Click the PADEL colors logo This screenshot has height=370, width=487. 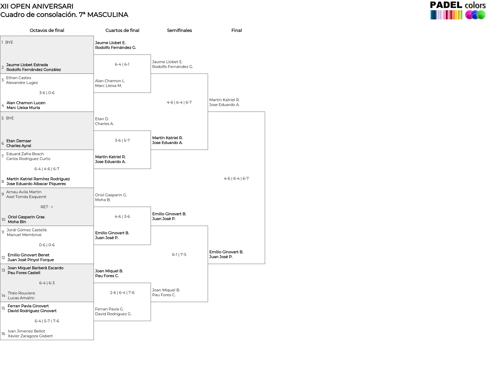click(x=458, y=10)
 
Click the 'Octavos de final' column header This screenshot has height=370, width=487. click(x=47, y=30)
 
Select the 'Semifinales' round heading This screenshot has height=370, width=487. click(x=179, y=30)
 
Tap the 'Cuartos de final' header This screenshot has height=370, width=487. click(x=122, y=30)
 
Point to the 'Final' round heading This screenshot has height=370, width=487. click(x=236, y=30)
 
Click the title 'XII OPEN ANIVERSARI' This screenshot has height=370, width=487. click(x=37, y=6)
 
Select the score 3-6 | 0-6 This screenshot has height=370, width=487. click(x=47, y=93)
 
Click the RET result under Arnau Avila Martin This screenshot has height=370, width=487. click(x=47, y=207)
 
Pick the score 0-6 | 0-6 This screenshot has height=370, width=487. click(x=47, y=245)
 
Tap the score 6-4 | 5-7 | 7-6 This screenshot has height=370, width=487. click(x=47, y=321)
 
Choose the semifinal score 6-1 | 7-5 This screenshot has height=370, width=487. click(x=179, y=255)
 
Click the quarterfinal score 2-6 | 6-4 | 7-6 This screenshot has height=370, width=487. click(x=122, y=293)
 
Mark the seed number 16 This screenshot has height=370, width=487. click(x=3, y=334)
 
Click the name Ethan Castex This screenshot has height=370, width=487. click(x=19, y=78)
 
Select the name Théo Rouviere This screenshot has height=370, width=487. click(x=22, y=293)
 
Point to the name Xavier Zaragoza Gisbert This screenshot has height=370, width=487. click(x=30, y=336)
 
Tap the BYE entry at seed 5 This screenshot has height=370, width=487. click(x=10, y=118)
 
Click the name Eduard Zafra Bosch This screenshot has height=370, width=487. click(x=25, y=154)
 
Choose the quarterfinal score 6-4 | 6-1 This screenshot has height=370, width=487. click(x=122, y=64)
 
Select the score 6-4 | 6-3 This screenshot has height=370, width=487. click(x=47, y=283)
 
